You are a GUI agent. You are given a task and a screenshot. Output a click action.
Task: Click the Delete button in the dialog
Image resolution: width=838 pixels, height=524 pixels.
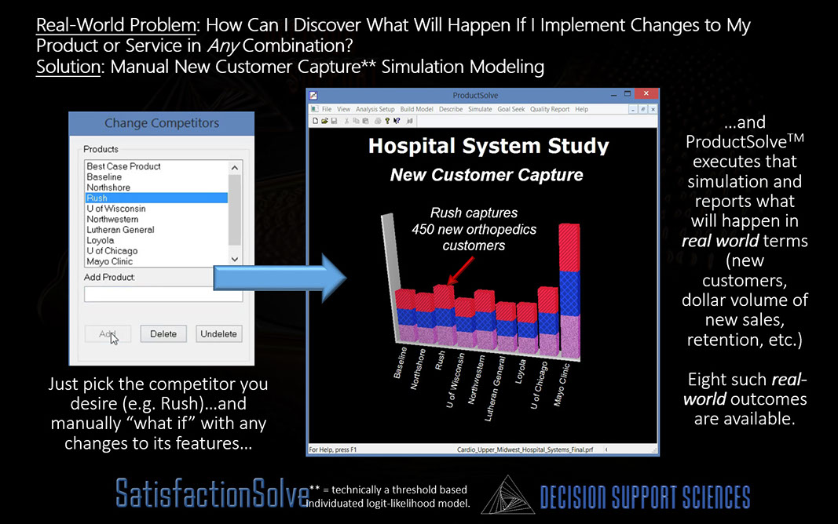[x=163, y=333]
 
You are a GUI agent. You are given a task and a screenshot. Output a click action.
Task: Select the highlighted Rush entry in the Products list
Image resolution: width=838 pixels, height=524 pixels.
[x=156, y=198]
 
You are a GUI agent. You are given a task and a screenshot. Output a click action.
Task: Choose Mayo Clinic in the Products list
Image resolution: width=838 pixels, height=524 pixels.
[x=109, y=261]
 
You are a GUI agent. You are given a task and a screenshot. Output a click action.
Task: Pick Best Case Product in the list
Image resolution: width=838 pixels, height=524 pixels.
[x=123, y=166]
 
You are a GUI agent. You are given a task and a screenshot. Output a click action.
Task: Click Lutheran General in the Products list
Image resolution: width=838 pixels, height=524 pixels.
[x=120, y=230]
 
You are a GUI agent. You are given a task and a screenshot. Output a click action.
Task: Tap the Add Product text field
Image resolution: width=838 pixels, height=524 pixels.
[x=163, y=294]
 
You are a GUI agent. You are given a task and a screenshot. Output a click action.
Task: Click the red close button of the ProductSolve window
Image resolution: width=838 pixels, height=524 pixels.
[x=646, y=94]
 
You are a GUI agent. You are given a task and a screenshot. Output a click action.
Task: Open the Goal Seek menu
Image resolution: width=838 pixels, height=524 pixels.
[x=511, y=109]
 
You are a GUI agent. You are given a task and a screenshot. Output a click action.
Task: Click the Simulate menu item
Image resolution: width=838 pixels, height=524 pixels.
[x=480, y=109]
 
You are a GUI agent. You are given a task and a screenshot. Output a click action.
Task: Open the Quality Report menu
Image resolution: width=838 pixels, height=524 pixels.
[x=550, y=109]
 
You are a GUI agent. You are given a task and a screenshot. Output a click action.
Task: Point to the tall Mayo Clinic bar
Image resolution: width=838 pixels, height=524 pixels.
[x=569, y=291]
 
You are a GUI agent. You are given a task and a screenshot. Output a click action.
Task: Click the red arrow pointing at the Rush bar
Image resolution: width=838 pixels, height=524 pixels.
[x=461, y=271]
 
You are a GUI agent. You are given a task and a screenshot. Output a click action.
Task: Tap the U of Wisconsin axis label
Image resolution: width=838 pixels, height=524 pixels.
[x=455, y=380]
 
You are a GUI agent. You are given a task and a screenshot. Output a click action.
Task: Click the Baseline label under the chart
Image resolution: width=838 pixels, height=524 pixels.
[x=401, y=362]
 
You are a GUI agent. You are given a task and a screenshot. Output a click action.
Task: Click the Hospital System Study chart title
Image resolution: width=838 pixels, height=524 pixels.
[x=489, y=146]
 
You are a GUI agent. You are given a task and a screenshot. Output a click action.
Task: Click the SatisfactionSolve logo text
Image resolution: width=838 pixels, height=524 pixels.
[x=212, y=493]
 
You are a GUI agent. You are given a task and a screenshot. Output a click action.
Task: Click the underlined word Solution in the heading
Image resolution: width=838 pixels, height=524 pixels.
[x=68, y=67]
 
